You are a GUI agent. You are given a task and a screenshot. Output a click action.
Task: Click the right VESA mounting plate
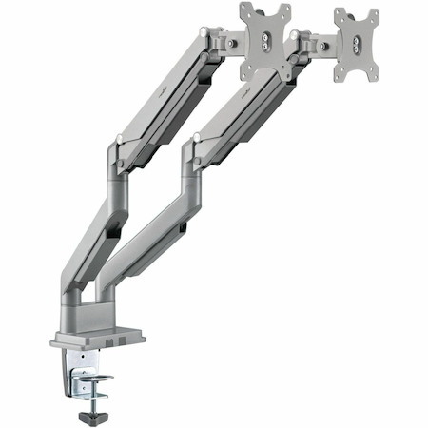(x=355, y=45)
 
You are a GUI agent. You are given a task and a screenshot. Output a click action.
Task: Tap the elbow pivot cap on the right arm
(x=196, y=139)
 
